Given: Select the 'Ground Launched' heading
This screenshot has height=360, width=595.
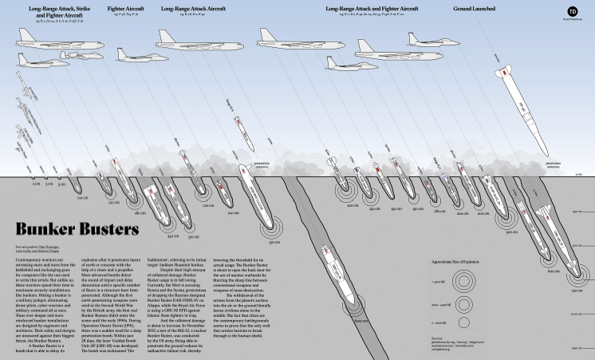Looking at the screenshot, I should [x=476, y=9].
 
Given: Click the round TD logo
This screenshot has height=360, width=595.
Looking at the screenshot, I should [x=571, y=11].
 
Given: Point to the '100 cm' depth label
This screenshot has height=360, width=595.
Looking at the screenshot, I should [x=81, y=197].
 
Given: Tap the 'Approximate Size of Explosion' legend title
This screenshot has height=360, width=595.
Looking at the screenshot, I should [x=458, y=261].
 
